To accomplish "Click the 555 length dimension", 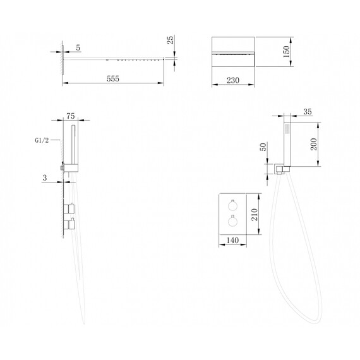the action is click(x=113, y=79).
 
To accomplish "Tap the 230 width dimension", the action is click(x=233, y=80).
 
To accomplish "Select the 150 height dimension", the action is click(x=286, y=52).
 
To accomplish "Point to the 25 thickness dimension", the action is click(x=170, y=40).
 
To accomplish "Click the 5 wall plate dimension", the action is click(x=78, y=48).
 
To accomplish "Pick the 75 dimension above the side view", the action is click(x=71, y=116).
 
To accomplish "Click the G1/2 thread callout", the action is click(x=42, y=140).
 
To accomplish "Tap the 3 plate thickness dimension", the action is click(x=45, y=177).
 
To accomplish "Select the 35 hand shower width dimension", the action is click(x=308, y=112).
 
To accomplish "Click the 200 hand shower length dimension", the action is click(x=314, y=144).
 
